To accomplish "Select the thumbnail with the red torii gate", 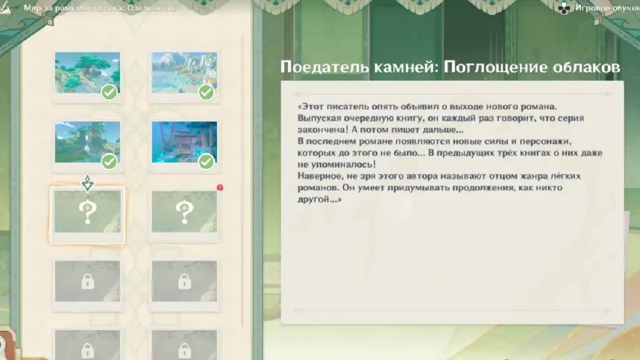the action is pos(184,142).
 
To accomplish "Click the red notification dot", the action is pos(220,187).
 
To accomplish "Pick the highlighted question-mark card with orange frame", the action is pos(87,216).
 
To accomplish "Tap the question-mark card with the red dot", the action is pos(184,216).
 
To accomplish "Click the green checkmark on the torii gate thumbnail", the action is pos(206,162).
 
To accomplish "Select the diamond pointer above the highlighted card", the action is pos(87,183).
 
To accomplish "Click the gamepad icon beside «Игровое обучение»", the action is pos(564,8).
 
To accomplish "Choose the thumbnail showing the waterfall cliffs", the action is pos(184,72).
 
